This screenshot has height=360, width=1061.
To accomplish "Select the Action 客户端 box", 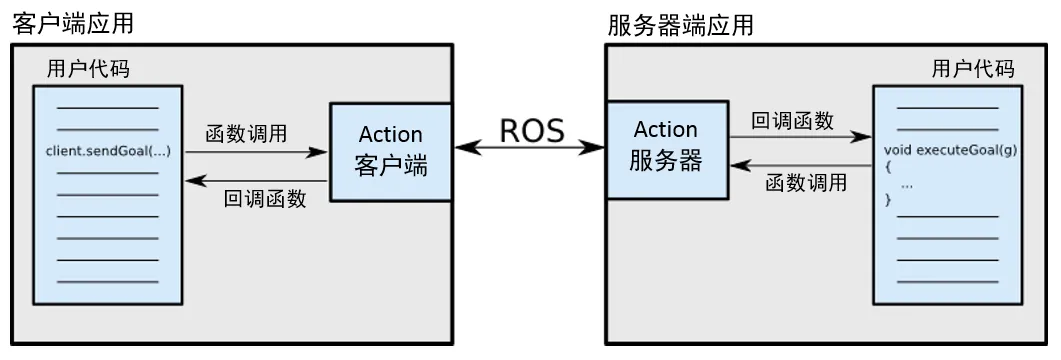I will coord(391,151).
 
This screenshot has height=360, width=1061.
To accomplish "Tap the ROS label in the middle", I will coord(531,130).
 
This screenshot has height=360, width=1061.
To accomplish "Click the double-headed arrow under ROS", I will coord(530,149).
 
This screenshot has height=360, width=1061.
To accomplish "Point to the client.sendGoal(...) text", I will coord(108,151).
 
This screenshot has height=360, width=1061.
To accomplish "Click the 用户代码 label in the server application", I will coord(972,69).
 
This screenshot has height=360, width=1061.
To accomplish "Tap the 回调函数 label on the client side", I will coord(265,198).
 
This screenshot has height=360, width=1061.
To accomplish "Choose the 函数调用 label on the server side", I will coord(806,183).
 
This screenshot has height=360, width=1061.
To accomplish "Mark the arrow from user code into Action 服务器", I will coord(799,166).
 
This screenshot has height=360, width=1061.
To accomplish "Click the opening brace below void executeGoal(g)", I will coord(888,168).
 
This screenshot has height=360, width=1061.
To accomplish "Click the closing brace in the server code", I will coord(888,201).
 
